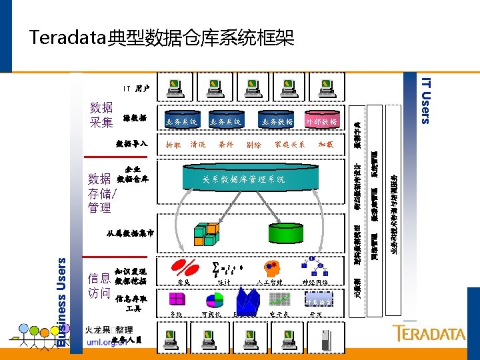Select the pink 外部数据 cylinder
321,121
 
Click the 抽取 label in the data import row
173,144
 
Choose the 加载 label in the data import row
325,144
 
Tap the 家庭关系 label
289,144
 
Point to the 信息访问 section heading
99,285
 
